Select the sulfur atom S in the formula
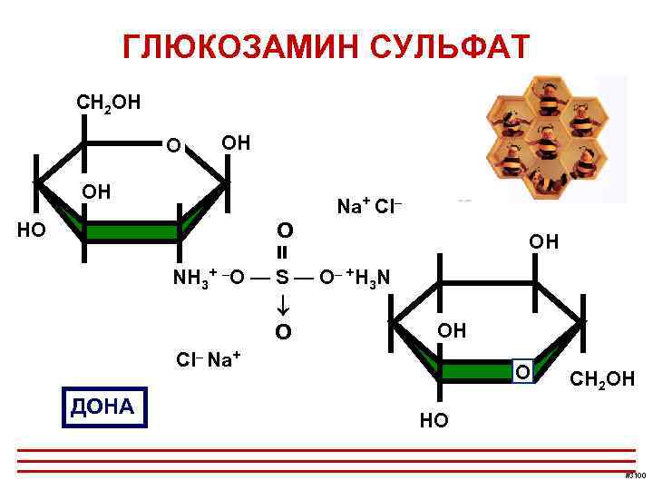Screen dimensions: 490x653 (x=282, y=277)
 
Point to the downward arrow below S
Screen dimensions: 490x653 (x=282, y=304)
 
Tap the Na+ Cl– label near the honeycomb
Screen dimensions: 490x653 (x=369, y=207)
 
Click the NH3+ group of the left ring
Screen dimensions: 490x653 (x=194, y=276)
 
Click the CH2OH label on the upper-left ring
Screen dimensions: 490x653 (x=108, y=100)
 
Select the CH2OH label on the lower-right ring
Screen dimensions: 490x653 (x=601, y=377)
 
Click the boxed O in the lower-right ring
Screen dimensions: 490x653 (x=522, y=373)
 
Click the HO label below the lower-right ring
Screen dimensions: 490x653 (x=434, y=420)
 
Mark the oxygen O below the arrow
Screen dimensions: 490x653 (x=283, y=332)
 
